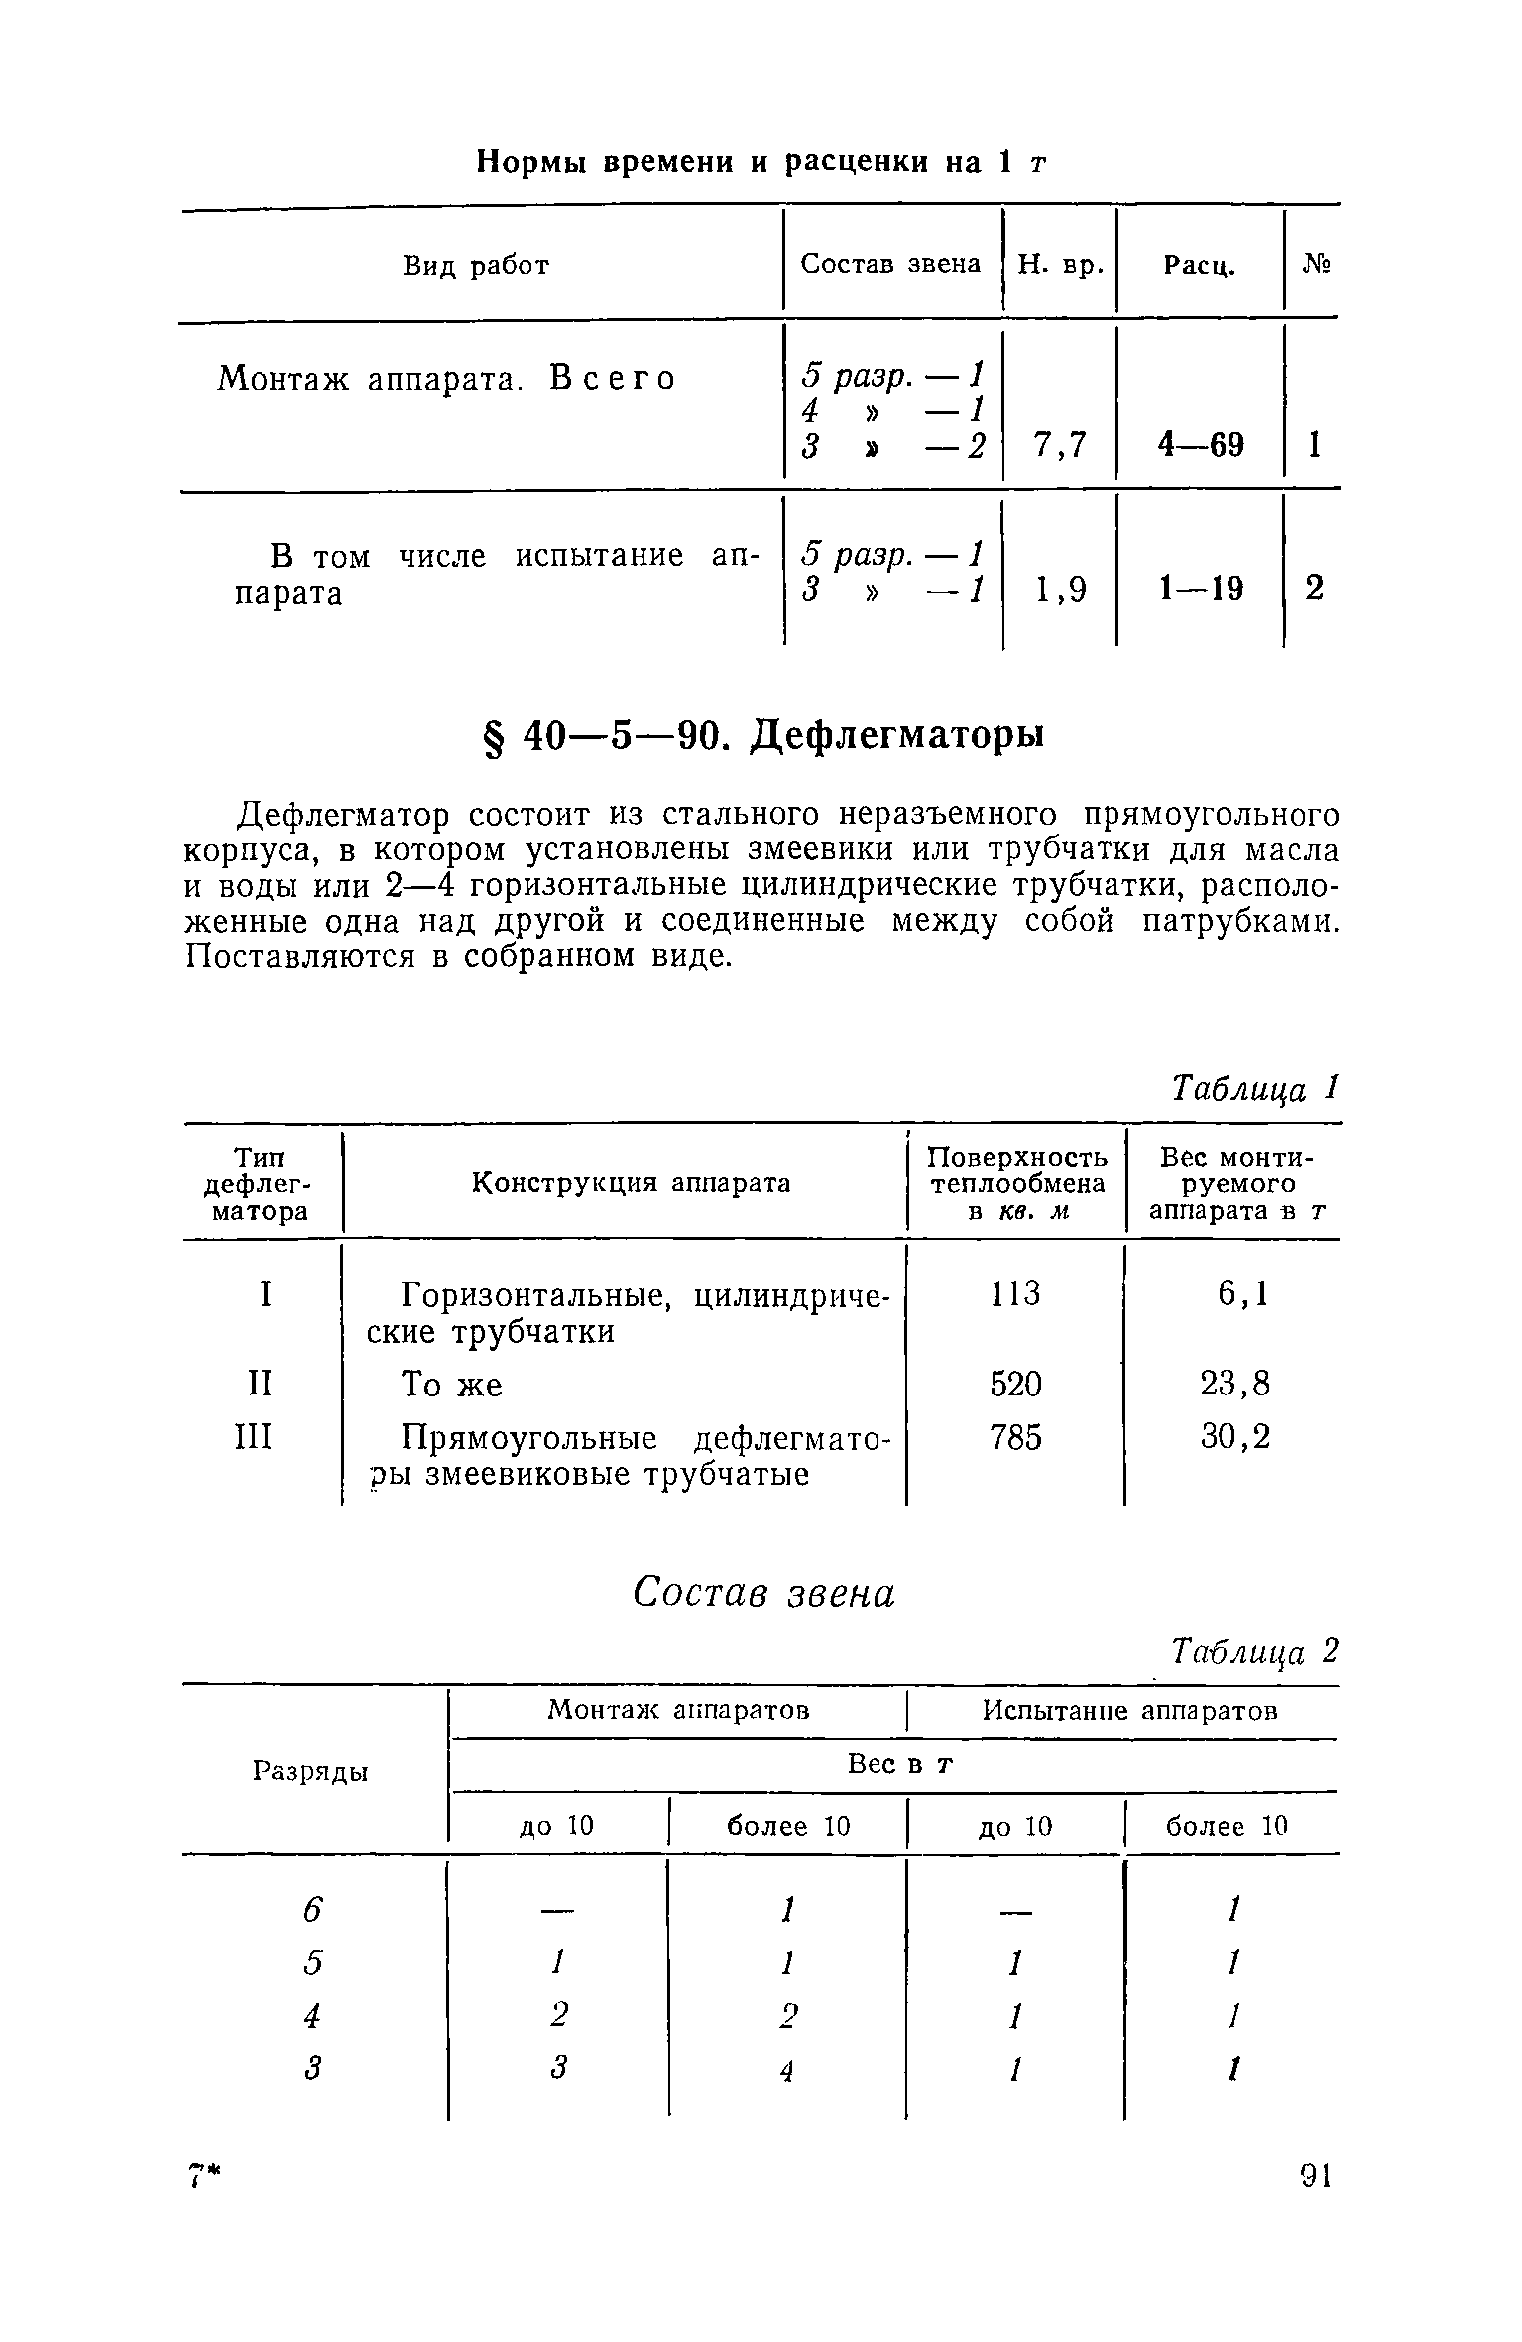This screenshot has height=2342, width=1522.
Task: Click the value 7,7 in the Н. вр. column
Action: [x=1060, y=446]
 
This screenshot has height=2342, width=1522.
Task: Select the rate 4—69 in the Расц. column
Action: [x=1201, y=446]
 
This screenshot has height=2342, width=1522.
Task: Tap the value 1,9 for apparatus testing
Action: [x=1060, y=590]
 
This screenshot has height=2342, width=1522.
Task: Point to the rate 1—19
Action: [x=1201, y=590]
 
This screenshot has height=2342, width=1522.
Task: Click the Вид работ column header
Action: [x=476, y=265]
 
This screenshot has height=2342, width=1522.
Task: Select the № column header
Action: [x=1315, y=265]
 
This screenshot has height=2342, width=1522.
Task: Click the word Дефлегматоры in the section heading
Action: [x=899, y=735]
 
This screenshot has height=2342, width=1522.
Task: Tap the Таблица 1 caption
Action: [x=1254, y=1089]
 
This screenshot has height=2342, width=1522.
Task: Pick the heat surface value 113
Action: [x=1016, y=1293]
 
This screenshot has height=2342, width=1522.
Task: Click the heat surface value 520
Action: [x=1016, y=1384]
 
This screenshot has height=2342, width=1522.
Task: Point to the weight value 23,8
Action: [x=1234, y=1384]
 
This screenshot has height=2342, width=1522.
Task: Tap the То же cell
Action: [x=452, y=1385]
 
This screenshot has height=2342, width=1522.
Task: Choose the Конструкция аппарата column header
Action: [x=631, y=1183]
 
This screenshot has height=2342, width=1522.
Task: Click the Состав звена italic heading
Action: [x=763, y=1594]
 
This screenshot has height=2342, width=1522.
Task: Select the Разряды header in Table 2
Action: [x=311, y=1771]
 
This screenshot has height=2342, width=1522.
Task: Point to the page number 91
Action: [x=1316, y=2177]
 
